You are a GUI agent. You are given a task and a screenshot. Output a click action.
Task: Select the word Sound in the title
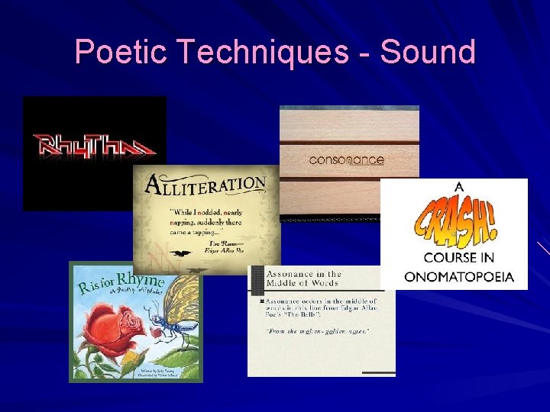427,52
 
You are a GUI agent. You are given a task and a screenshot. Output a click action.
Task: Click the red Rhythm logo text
93,145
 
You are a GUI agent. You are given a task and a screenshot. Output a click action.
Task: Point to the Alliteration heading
205,185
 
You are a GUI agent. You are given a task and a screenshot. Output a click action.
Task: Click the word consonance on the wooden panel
346,160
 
